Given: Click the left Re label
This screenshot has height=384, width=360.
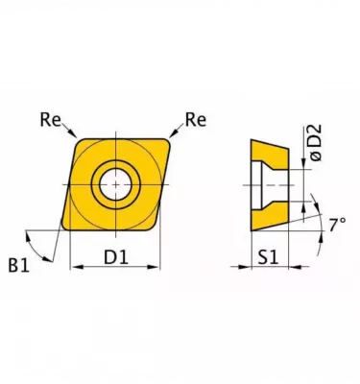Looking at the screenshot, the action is tap(50, 120).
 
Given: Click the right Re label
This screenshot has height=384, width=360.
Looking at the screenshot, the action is tap(196, 120).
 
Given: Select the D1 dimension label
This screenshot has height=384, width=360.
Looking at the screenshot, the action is tap(116, 257).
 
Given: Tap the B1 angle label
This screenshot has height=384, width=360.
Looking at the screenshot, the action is tap(18, 265).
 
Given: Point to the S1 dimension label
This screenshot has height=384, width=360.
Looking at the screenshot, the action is tap(269, 257).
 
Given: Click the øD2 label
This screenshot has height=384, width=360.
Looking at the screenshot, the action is tap(315, 143).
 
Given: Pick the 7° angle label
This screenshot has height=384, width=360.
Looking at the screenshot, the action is tap(338, 224).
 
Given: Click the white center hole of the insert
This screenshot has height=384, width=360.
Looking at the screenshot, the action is tap(115, 184).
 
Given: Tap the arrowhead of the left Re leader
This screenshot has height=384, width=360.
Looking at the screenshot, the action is tap(73, 133).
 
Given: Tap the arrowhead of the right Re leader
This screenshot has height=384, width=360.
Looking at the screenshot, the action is tap(173, 133).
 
